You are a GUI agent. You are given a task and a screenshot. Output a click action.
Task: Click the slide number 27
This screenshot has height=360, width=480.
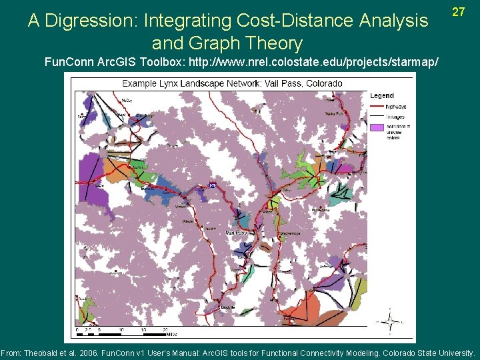point(458,12)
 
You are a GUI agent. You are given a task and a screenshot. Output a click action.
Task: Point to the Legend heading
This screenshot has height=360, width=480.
point(382,95)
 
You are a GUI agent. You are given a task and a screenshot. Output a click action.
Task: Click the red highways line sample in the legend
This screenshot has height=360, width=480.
point(377,107)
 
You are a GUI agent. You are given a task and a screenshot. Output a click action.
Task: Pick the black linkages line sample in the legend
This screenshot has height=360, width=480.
point(377,117)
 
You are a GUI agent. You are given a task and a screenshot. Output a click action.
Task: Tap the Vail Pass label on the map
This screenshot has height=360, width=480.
point(236,233)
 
